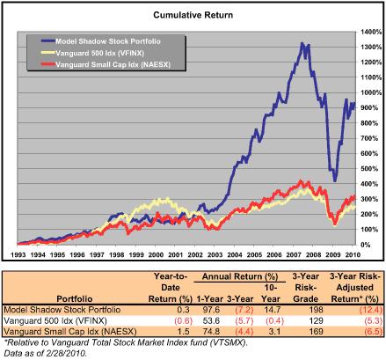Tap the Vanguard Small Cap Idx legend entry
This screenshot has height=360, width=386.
point(99,64)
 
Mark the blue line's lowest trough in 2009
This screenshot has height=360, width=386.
point(333,180)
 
